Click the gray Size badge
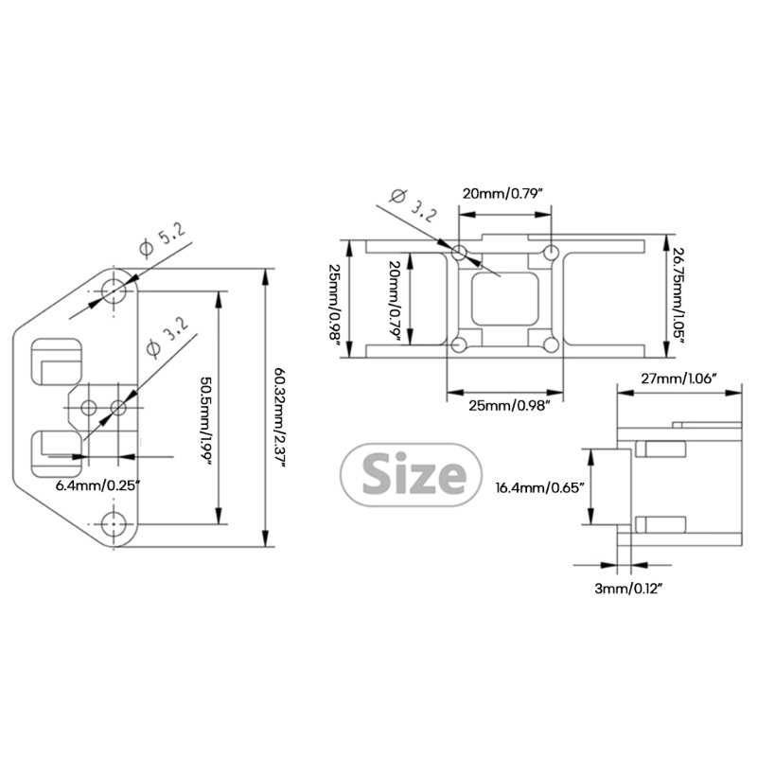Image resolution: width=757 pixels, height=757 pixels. click(404, 473)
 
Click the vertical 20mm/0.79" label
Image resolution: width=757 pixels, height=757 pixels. click(394, 300)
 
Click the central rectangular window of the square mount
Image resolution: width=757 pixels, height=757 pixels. click(503, 298)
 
